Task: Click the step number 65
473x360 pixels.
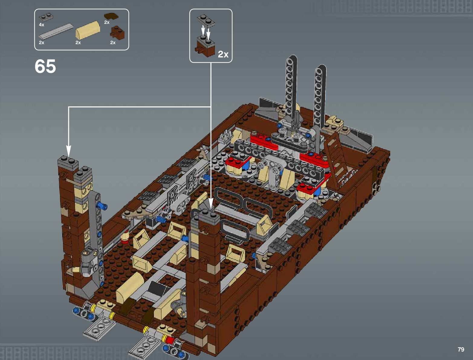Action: [45, 66]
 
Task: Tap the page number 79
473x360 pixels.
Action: [461, 349]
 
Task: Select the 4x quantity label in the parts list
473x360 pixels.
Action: [42, 25]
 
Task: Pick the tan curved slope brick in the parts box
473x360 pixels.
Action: [87, 30]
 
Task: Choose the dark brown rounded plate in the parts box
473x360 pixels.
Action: [111, 16]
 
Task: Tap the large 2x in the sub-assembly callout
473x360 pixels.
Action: [223, 54]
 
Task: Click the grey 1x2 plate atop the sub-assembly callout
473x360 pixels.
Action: [206, 21]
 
